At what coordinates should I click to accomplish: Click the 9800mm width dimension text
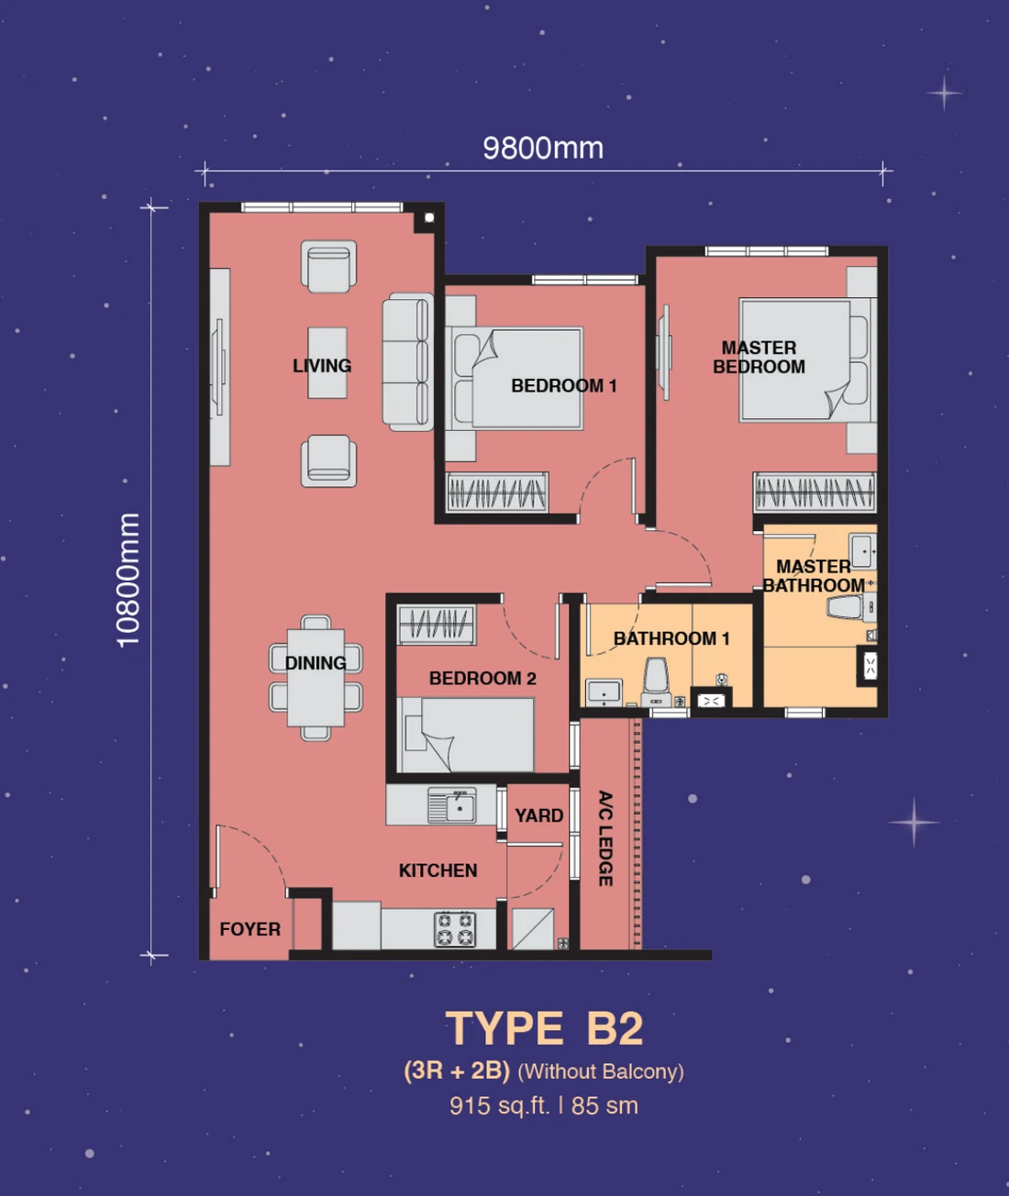pyautogui.click(x=543, y=149)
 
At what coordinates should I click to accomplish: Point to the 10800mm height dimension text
pyautogui.click(x=128, y=581)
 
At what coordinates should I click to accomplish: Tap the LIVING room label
pyautogui.click(x=322, y=365)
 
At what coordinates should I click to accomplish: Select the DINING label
pyautogui.click(x=316, y=663)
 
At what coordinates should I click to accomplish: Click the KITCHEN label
pyautogui.click(x=438, y=870)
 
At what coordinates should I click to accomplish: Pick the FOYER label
pyautogui.click(x=250, y=928)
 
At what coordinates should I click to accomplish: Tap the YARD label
pyautogui.click(x=539, y=815)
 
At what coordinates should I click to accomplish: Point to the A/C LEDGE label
pyautogui.click(x=605, y=838)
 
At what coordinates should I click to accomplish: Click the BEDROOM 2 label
pyautogui.click(x=482, y=678)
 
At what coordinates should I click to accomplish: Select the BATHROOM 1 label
pyautogui.click(x=671, y=638)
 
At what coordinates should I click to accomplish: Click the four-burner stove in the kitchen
pyautogui.click(x=456, y=929)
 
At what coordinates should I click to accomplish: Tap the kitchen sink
pyautogui.click(x=452, y=805)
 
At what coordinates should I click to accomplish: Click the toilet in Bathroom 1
pyautogui.click(x=657, y=681)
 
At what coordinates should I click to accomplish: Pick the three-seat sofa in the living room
pyautogui.click(x=408, y=362)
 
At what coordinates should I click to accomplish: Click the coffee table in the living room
pyautogui.click(x=327, y=362)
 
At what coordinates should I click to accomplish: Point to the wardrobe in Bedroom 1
pyautogui.click(x=497, y=493)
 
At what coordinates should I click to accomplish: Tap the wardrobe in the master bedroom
pyautogui.click(x=815, y=492)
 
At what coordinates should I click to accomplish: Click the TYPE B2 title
pyautogui.click(x=544, y=1029)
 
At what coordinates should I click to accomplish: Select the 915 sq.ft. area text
pyautogui.click(x=500, y=1105)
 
